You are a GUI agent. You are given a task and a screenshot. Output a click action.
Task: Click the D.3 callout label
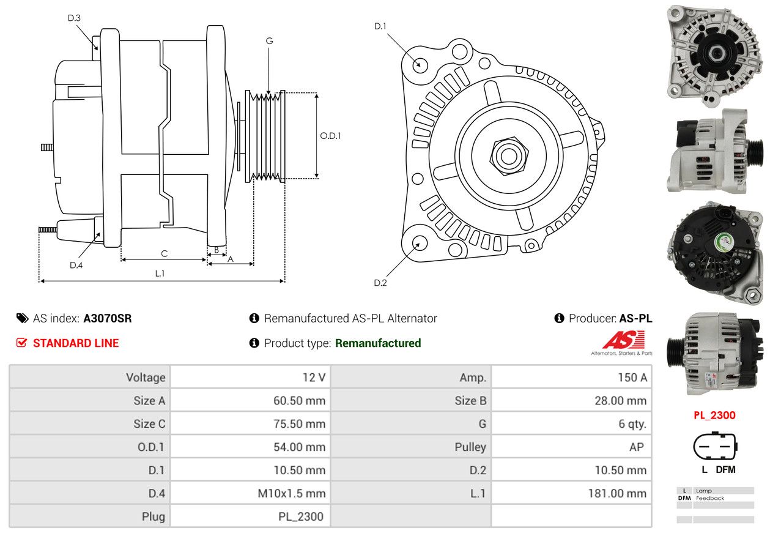click(74, 18)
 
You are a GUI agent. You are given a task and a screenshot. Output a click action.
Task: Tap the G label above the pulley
click(269, 41)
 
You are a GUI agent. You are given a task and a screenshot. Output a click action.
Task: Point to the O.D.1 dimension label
click(330, 136)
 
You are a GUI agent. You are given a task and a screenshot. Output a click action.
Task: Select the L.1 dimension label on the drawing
click(160, 274)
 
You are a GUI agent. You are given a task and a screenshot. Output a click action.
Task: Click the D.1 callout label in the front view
click(380, 26)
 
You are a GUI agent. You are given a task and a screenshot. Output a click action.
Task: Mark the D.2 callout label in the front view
click(380, 283)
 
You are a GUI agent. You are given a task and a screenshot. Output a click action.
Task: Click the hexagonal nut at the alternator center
click(509, 156)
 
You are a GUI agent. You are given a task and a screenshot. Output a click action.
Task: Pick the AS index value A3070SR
click(108, 318)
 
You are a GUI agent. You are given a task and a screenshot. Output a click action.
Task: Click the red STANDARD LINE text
click(76, 343)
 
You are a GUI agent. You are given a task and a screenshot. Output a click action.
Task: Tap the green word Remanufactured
click(378, 343)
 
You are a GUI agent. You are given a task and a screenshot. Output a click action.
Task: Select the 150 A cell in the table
click(632, 378)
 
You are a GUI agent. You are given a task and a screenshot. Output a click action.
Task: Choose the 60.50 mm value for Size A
click(299, 401)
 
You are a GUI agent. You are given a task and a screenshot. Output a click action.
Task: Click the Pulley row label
click(470, 447)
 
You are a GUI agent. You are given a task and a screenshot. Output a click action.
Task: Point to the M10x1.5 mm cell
click(292, 493)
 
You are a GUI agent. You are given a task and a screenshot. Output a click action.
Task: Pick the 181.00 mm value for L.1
click(617, 493)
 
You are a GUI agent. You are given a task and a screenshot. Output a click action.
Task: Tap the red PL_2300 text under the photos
click(714, 415)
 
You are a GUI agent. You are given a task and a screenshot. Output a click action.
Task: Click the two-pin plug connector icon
click(715, 446)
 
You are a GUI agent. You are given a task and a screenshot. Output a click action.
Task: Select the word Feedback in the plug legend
click(710, 498)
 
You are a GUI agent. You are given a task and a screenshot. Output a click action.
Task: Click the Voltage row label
click(146, 378)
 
